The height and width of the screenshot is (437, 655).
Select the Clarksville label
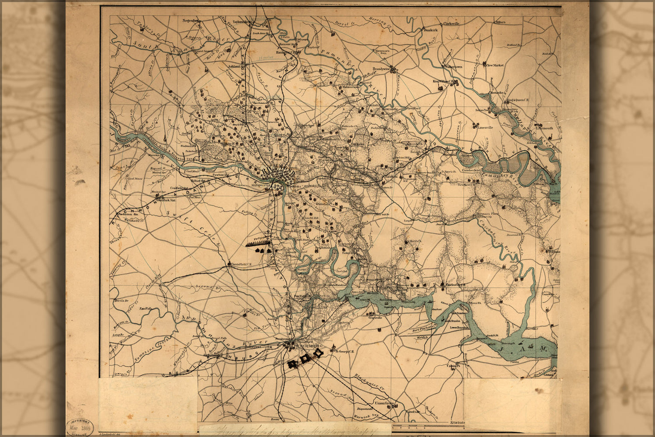coord(451,24)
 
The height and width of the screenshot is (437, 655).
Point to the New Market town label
coord(495,65)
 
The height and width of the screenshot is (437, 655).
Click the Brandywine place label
coord(381,69)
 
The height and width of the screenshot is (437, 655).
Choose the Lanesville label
coord(485,128)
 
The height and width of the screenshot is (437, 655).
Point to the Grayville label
coord(375,318)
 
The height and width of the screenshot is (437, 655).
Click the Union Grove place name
coord(383,403)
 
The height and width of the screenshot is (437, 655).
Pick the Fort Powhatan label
coord(425,328)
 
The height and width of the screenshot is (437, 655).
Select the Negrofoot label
coord(191,20)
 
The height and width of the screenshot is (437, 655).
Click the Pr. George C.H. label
coord(344,350)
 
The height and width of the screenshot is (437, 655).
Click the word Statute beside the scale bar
coord(457,423)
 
